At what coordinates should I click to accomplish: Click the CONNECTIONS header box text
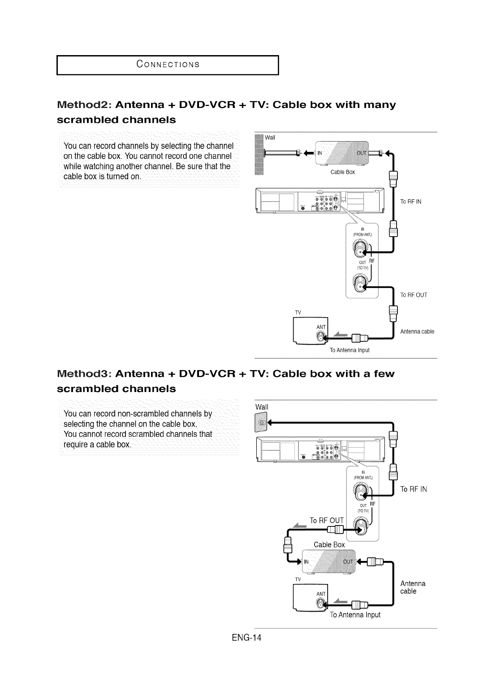point(168,64)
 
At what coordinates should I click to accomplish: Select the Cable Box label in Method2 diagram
point(342,172)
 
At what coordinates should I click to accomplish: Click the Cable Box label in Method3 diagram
point(329,544)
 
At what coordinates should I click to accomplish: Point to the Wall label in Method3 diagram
point(262,407)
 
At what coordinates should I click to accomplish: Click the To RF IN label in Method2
point(411,202)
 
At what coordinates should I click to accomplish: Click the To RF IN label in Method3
point(414,489)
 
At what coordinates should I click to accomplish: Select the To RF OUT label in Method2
point(414,295)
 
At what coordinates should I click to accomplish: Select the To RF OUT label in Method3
point(327,520)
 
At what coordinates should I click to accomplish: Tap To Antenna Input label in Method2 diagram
point(350,350)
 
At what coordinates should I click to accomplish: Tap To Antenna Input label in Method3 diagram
point(355,615)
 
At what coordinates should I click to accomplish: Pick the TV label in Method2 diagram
point(297,312)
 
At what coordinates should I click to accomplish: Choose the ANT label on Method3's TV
point(321,594)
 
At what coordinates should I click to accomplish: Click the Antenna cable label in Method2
point(417,332)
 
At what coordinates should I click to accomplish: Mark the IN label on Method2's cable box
point(320,153)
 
